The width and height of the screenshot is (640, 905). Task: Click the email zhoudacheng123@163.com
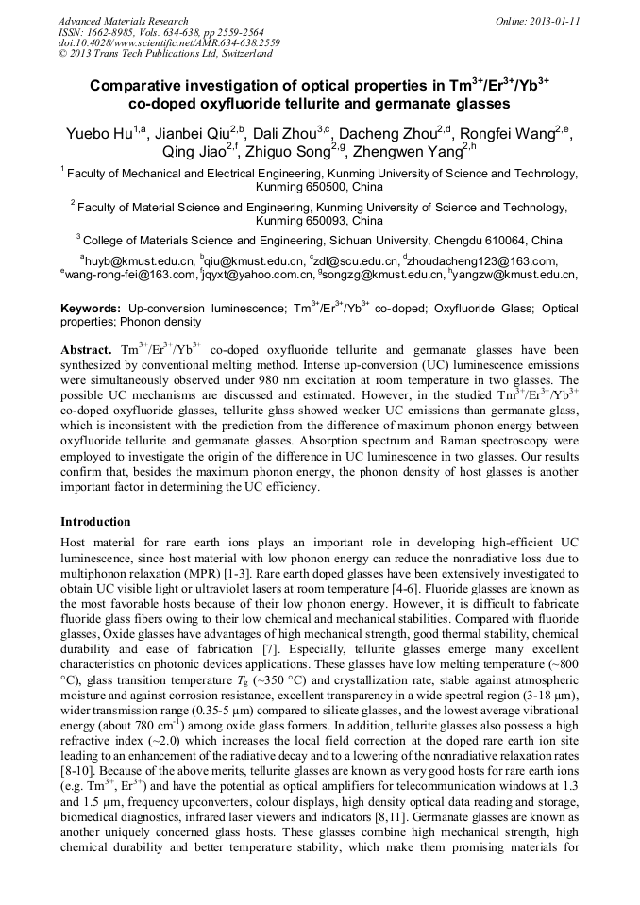[482, 260]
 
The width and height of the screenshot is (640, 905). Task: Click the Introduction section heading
[95, 522]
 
